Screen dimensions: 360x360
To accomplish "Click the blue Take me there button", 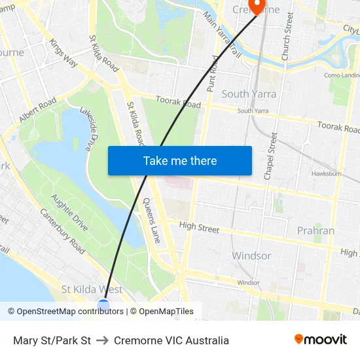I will pyautogui.click(x=179, y=160).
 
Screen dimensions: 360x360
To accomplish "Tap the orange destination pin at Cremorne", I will pyautogui.click(x=257, y=7).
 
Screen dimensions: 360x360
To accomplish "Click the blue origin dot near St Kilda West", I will pyautogui.click(x=103, y=305).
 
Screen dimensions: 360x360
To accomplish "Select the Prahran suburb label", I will pyautogui.click(x=315, y=230).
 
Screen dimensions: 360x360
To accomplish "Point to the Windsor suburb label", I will pyautogui.click(x=251, y=255).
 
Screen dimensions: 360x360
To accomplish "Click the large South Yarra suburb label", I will pyautogui.click(x=249, y=94).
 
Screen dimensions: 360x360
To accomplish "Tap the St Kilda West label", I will pyautogui.click(x=92, y=289).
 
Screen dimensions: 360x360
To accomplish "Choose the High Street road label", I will pyautogui.click(x=199, y=227).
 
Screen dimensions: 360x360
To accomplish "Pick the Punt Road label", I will pyautogui.click(x=213, y=73).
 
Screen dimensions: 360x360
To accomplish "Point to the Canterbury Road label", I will pyautogui.click(x=62, y=231).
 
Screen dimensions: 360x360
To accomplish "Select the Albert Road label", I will pyautogui.click(x=38, y=110).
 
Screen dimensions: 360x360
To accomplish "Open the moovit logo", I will pyautogui.click(x=320, y=340).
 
